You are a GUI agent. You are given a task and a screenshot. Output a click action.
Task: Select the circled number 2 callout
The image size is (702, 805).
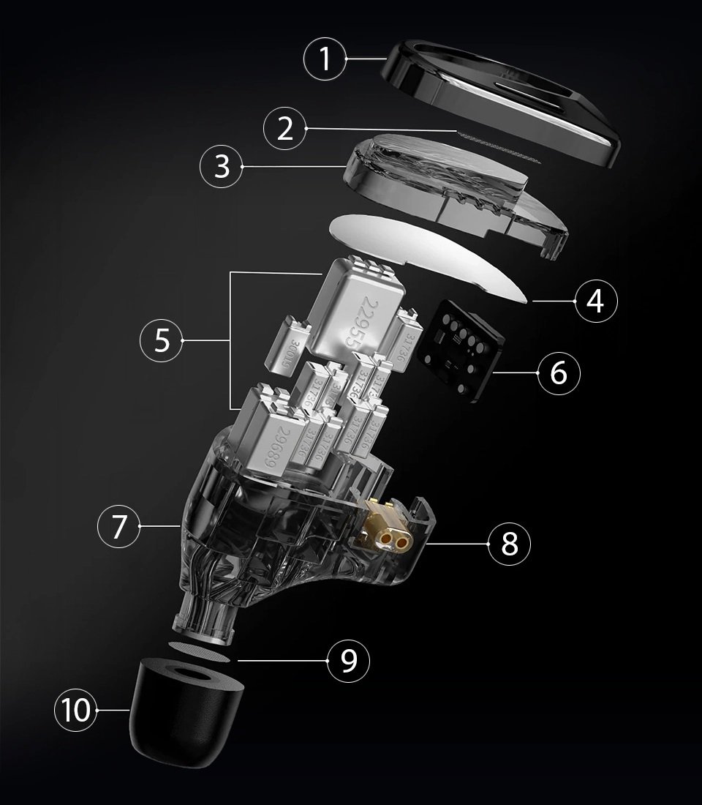(284, 129)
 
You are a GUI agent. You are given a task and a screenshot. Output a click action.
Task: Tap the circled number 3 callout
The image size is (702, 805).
(222, 167)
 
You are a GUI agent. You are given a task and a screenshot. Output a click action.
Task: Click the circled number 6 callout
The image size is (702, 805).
(558, 373)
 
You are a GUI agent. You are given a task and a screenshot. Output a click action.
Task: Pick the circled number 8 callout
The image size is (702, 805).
(510, 543)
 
